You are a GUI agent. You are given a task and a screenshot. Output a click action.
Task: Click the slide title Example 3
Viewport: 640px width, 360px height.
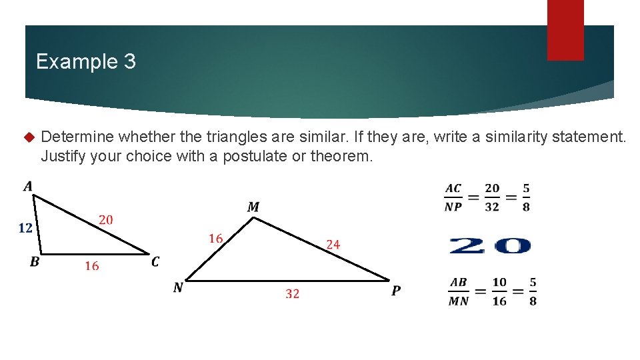coord(85,62)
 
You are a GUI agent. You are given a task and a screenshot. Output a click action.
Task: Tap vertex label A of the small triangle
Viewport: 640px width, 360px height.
coord(28,186)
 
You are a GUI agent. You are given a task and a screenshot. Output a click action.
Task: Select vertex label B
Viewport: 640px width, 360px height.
coord(34,262)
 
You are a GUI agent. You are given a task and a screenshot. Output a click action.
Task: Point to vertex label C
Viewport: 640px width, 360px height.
coord(155,262)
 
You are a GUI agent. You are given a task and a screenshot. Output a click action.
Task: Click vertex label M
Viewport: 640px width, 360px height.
coord(253,207)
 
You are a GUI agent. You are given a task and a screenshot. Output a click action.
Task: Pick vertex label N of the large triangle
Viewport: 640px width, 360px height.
coord(178,287)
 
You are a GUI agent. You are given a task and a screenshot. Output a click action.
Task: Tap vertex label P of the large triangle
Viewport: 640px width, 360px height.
coord(396,291)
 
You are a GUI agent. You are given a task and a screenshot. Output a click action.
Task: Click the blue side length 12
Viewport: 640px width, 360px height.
coord(25,228)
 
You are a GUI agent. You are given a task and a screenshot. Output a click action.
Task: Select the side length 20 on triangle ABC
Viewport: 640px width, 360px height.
coord(105,219)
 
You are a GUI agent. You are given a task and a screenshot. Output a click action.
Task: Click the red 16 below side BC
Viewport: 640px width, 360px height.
coord(91,266)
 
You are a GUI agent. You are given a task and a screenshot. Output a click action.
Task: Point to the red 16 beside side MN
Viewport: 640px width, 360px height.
coord(215,238)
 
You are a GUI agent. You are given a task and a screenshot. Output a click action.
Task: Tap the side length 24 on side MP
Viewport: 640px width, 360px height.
coord(333,245)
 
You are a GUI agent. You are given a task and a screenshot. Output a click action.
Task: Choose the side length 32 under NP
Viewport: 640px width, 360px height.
coord(292,293)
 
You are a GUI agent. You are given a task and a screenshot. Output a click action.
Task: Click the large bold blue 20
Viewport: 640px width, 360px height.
coord(490,246)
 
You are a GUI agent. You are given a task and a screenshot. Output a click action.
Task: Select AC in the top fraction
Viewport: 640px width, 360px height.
coord(453,189)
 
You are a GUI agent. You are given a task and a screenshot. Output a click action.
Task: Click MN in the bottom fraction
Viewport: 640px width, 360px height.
coord(459,301)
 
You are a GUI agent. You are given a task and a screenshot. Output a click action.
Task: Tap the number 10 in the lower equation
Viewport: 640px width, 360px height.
coord(499,283)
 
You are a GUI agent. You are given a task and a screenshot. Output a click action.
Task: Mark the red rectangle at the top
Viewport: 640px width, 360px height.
coord(565,30)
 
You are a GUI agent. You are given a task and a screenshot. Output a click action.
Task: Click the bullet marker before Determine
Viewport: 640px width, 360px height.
coord(28,137)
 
